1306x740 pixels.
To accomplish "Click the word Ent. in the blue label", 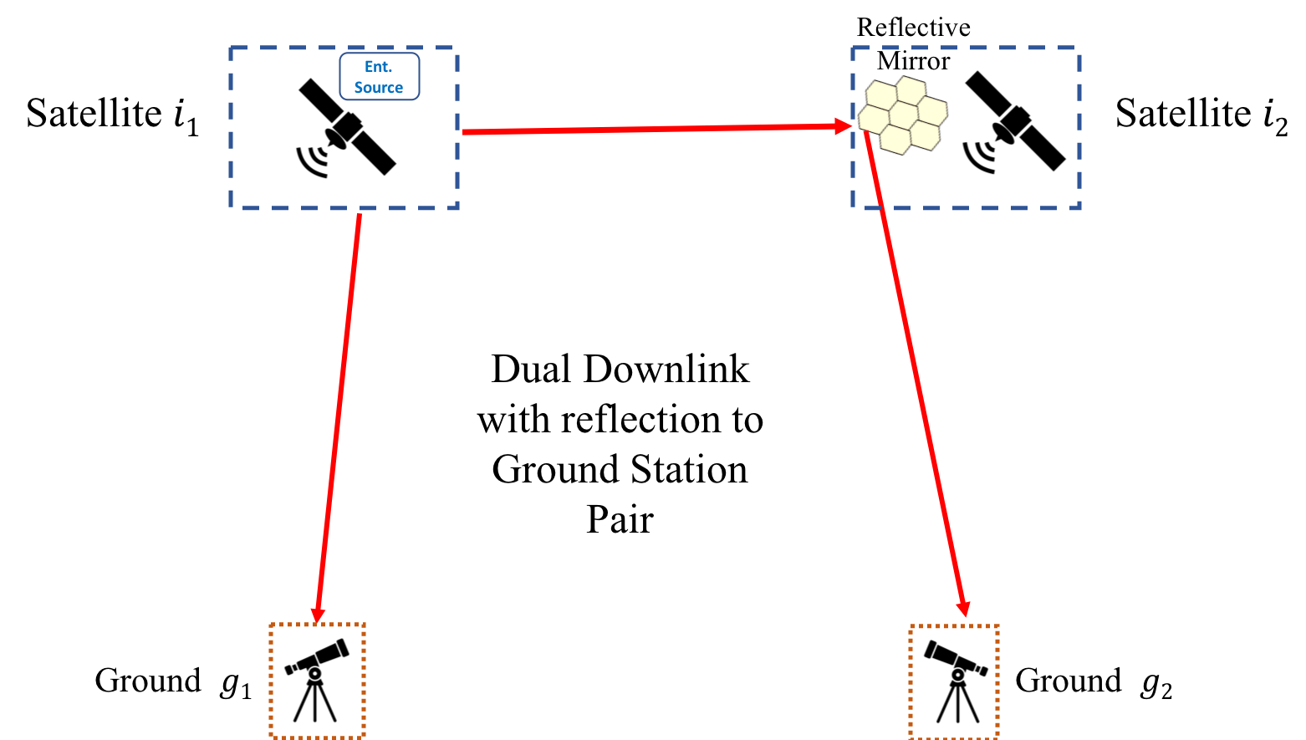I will click(x=378, y=67).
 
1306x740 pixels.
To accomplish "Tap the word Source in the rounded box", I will click(x=378, y=88).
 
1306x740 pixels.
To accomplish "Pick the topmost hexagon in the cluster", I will click(x=910, y=89).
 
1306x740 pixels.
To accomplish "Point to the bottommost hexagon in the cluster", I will click(x=896, y=140).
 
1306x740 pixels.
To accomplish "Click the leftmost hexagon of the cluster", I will click(x=874, y=120).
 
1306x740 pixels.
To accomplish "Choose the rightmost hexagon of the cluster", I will click(x=932, y=110).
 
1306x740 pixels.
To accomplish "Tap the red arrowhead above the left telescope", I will click(x=318, y=615).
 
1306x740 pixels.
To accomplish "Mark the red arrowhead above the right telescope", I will click(x=963, y=610).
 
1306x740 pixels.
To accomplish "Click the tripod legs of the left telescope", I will click(x=314, y=702).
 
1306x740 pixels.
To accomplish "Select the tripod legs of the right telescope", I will click(x=957, y=704).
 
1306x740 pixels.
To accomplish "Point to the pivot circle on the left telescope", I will click(x=314, y=673).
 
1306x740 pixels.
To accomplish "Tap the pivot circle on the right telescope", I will click(x=957, y=674).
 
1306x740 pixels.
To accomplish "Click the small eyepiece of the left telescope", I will click(x=289, y=669).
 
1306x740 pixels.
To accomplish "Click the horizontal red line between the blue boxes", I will click(x=652, y=129).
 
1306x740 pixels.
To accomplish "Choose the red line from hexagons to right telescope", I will click(x=916, y=376).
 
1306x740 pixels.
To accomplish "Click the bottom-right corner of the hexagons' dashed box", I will click(x=1079, y=207).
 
